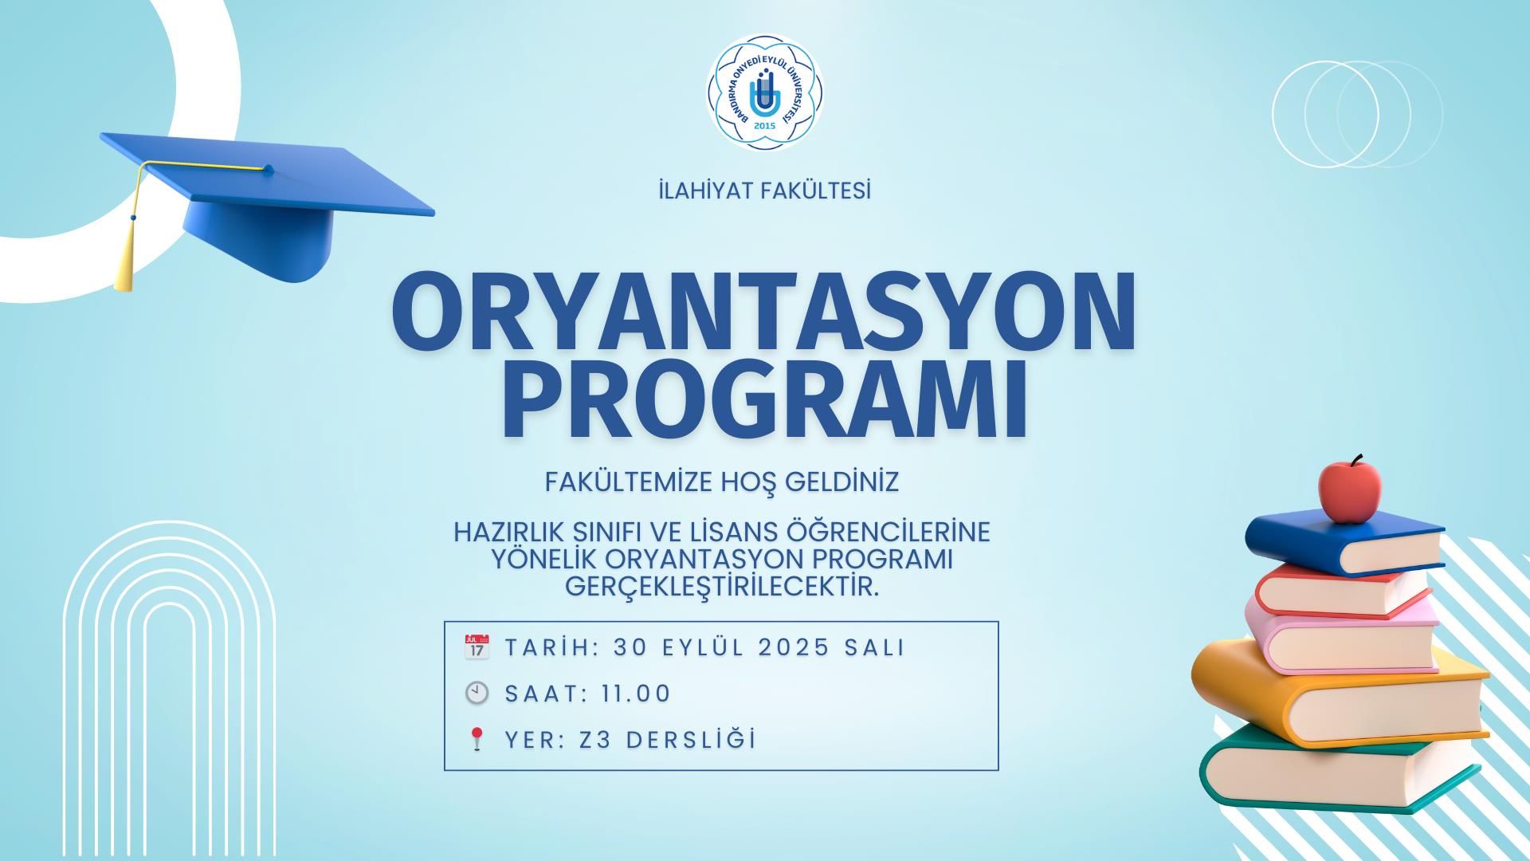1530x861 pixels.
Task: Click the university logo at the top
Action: point(765,92)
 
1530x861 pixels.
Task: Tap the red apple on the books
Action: point(1350,488)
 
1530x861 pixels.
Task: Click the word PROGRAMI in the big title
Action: point(765,403)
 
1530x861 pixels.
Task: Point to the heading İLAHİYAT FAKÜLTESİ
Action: point(765,191)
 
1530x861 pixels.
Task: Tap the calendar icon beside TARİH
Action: point(477,647)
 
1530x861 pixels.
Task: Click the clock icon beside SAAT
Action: point(477,693)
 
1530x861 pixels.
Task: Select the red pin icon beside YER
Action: point(477,739)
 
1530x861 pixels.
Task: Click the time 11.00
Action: point(637,694)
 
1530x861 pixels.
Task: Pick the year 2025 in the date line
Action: point(794,647)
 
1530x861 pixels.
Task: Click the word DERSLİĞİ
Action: point(691,740)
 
